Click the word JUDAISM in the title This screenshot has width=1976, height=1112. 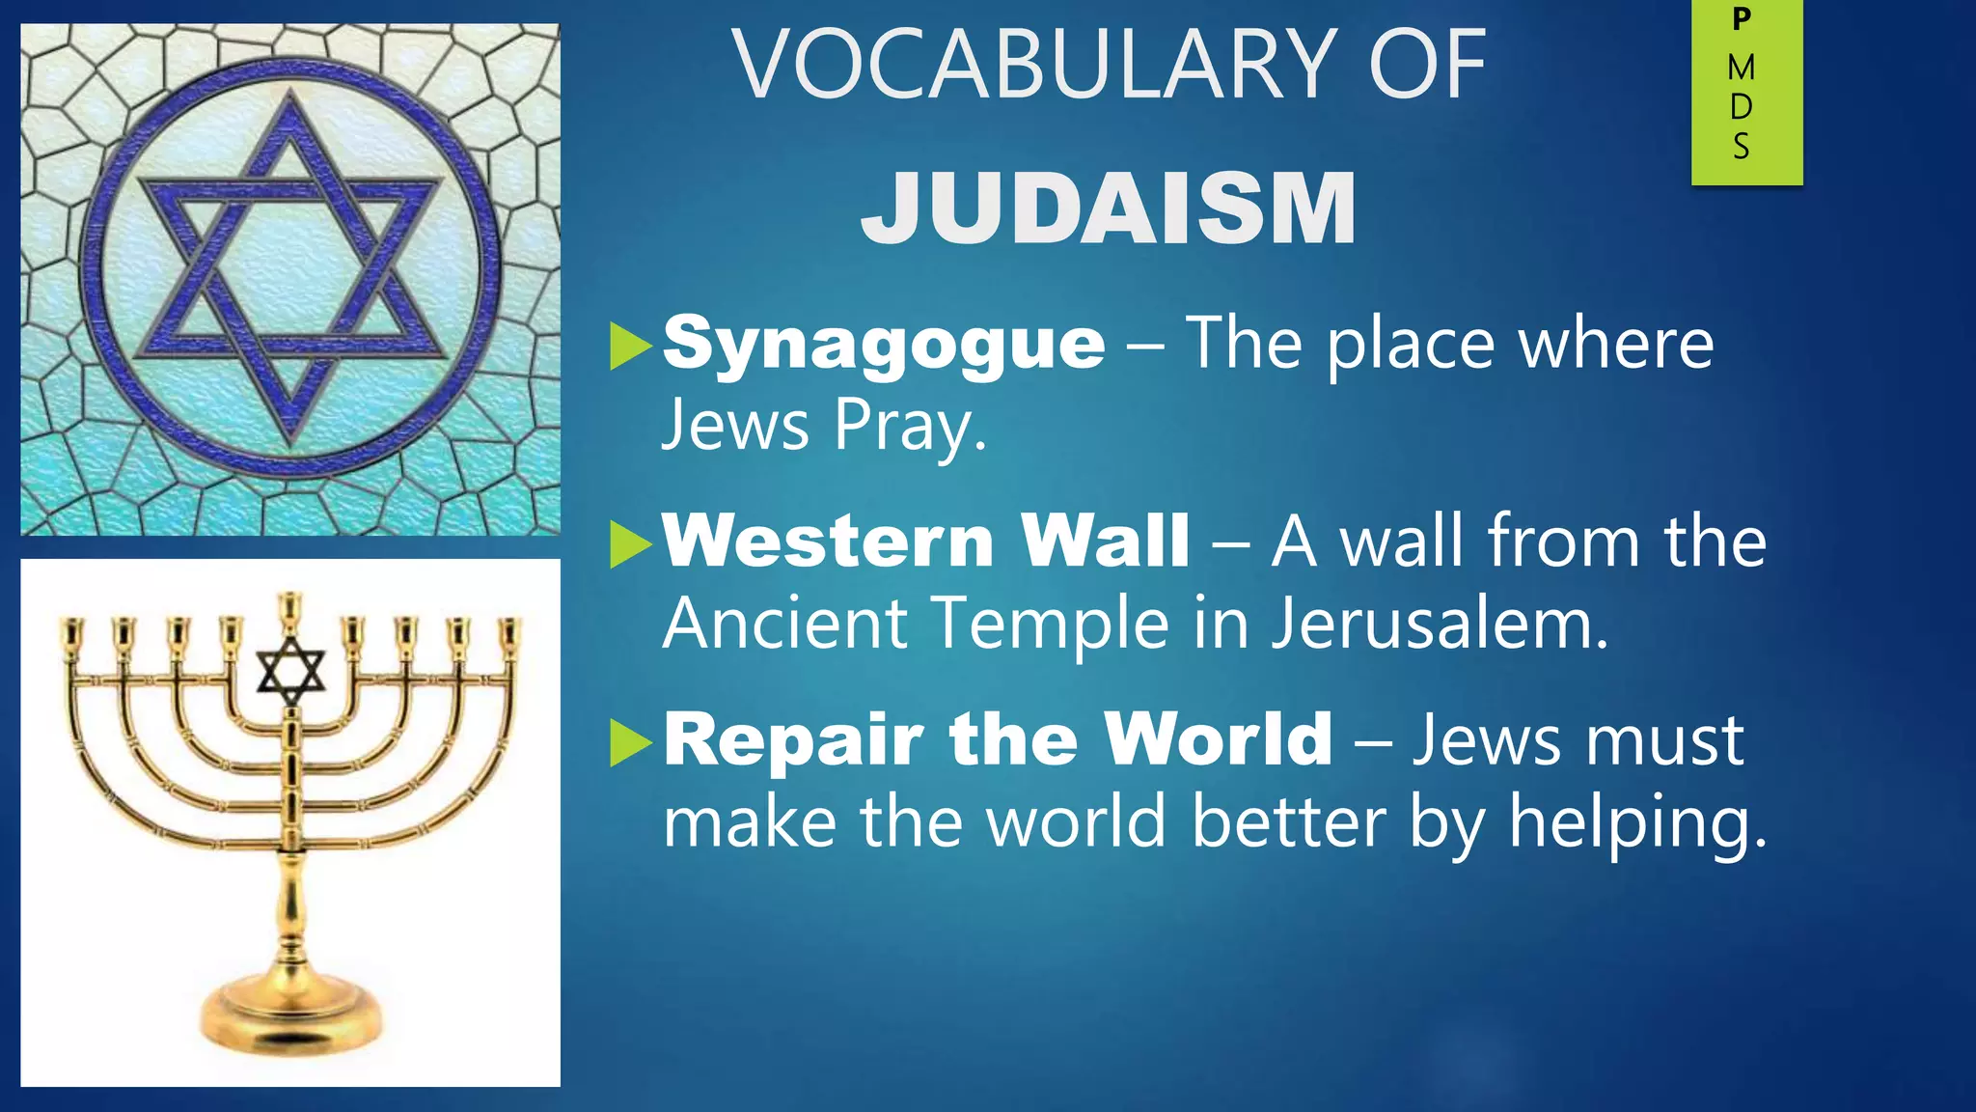[x=1109, y=208]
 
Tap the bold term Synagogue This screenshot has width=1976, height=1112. [x=884, y=345]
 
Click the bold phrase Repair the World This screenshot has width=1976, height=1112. [x=998, y=739]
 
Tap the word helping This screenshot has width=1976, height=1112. [x=1637, y=822]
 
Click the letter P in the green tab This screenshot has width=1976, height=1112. [x=1742, y=19]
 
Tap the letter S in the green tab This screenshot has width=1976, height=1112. [x=1742, y=147]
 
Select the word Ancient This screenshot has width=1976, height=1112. [x=784, y=624]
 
